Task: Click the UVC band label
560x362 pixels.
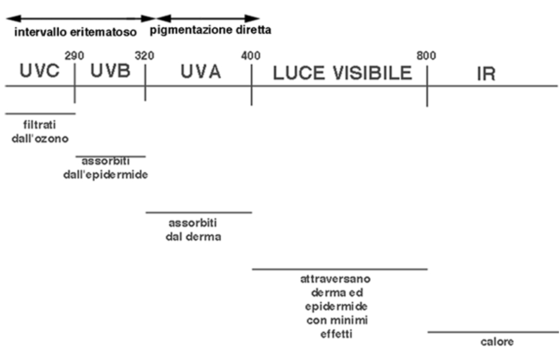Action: point(39,70)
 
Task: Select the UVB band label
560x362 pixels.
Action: point(110,70)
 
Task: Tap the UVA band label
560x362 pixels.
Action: point(201,71)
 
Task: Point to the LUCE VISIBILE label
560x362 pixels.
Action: point(342,73)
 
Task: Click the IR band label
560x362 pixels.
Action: point(486,74)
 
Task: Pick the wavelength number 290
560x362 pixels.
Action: point(74,56)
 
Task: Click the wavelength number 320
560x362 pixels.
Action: point(144,56)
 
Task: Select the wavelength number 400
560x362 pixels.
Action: point(251,56)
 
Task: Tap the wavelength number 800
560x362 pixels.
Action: point(426,56)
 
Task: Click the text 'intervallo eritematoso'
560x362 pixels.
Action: point(76,32)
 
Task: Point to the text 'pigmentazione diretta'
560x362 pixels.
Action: point(210,30)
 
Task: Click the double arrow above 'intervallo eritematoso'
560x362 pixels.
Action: point(81,19)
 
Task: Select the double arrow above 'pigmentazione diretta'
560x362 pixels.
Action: point(208,19)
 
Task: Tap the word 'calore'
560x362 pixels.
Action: point(497,342)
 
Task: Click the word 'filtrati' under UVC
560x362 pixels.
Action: point(40,125)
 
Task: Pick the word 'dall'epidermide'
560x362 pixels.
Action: point(105,175)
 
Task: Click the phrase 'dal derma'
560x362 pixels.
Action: point(193,237)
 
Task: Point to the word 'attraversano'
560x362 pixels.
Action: point(335,279)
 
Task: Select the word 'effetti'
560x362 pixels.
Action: point(336,334)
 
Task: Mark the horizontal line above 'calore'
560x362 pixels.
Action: point(493,332)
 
